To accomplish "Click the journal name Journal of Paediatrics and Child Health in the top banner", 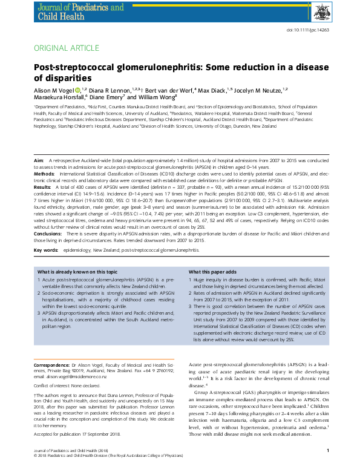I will (83, 11).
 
